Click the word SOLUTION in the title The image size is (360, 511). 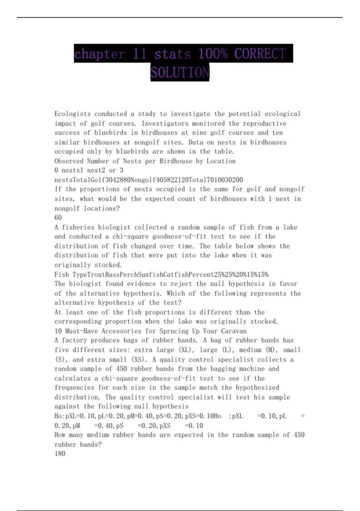point(180,72)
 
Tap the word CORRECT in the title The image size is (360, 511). point(260,54)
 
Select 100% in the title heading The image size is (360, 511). point(212,54)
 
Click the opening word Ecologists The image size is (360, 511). point(72,114)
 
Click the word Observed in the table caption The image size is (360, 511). point(69,161)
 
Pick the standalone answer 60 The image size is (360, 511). point(58,218)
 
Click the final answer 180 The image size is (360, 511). point(60,454)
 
